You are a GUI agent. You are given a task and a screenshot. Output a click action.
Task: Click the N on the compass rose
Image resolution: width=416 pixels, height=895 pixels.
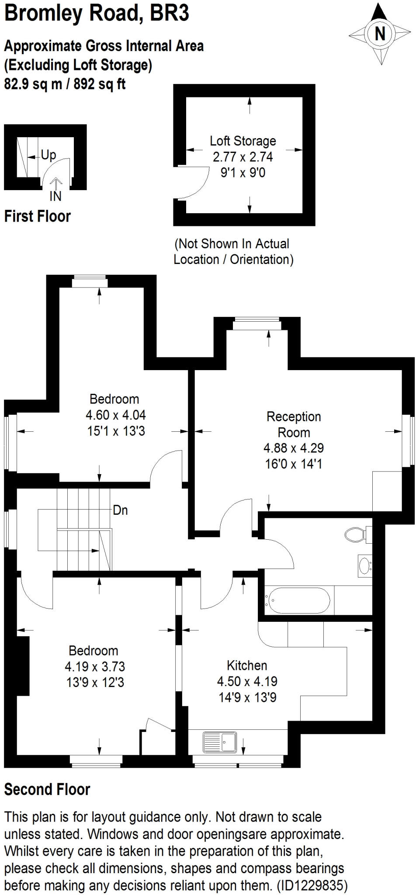(x=380, y=34)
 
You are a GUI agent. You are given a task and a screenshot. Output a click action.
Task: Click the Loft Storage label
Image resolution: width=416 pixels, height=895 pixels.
(x=243, y=141)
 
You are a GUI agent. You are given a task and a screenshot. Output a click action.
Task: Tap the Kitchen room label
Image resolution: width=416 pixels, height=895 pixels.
(x=247, y=665)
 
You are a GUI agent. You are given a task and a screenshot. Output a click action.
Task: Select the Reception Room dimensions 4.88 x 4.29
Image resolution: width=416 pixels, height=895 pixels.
(x=294, y=448)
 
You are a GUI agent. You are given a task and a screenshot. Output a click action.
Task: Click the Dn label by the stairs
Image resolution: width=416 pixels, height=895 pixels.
(x=120, y=510)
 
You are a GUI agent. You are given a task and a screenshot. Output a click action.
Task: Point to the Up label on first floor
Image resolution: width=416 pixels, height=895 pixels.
(x=49, y=155)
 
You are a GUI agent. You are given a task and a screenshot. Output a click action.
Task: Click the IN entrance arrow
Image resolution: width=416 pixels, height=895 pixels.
(x=55, y=191)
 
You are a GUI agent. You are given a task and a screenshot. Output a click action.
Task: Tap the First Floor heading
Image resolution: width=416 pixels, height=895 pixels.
(x=37, y=216)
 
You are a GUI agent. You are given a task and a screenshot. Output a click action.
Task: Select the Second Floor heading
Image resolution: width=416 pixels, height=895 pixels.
(x=47, y=789)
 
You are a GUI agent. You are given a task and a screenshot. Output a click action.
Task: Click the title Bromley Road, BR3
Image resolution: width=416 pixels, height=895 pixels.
(x=97, y=13)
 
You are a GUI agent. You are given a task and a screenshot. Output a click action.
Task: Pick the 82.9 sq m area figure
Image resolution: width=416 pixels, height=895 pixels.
(x=33, y=83)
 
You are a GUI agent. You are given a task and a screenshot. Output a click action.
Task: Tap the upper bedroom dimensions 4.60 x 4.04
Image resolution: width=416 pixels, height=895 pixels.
(x=116, y=415)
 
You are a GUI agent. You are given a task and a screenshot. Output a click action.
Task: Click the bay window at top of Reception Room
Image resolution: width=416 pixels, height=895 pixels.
(x=256, y=324)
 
